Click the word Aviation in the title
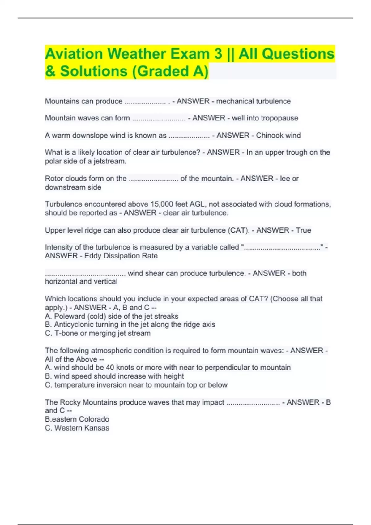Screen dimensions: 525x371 pos(74,54)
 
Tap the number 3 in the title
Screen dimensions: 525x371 pos(218,54)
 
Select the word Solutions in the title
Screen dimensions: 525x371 pos(94,71)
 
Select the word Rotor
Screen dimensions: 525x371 pos(54,178)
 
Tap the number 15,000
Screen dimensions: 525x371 pos(162,204)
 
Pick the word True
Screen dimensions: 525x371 pos(303,230)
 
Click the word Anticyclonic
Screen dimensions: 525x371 pos(73,324)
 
